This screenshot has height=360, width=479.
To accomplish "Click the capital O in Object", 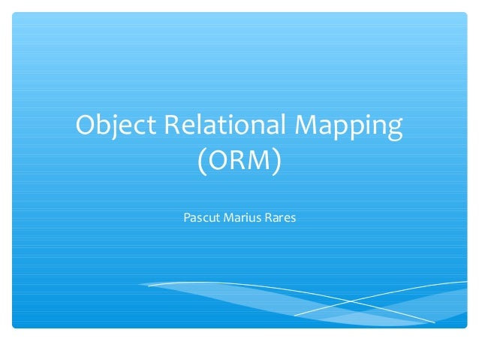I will [x=86, y=127].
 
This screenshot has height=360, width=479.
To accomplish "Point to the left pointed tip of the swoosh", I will [x=140, y=285].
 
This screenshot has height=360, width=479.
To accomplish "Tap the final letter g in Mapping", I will [x=394, y=131].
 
